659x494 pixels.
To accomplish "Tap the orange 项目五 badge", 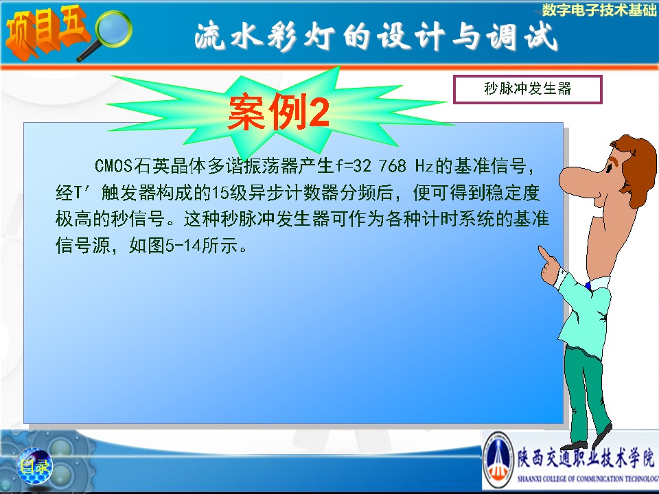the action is [x=45, y=32].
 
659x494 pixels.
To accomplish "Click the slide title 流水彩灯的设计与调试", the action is [x=376, y=36].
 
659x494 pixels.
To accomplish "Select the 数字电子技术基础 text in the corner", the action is [x=599, y=10].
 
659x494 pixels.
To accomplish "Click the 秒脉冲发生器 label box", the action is [x=527, y=89].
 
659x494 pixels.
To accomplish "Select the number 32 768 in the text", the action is [x=380, y=165].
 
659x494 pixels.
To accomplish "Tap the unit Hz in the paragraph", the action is [x=424, y=165].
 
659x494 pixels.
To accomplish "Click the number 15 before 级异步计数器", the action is [x=220, y=193].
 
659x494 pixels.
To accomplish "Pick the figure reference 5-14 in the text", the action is [x=184, y=246].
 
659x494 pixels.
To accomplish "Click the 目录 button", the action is [x=35, y=466].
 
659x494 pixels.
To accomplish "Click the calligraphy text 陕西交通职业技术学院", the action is [x=586, y=458].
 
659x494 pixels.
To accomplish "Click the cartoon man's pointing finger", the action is [x=545, y=254].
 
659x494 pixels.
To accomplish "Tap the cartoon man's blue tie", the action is [x=588, y=286].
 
